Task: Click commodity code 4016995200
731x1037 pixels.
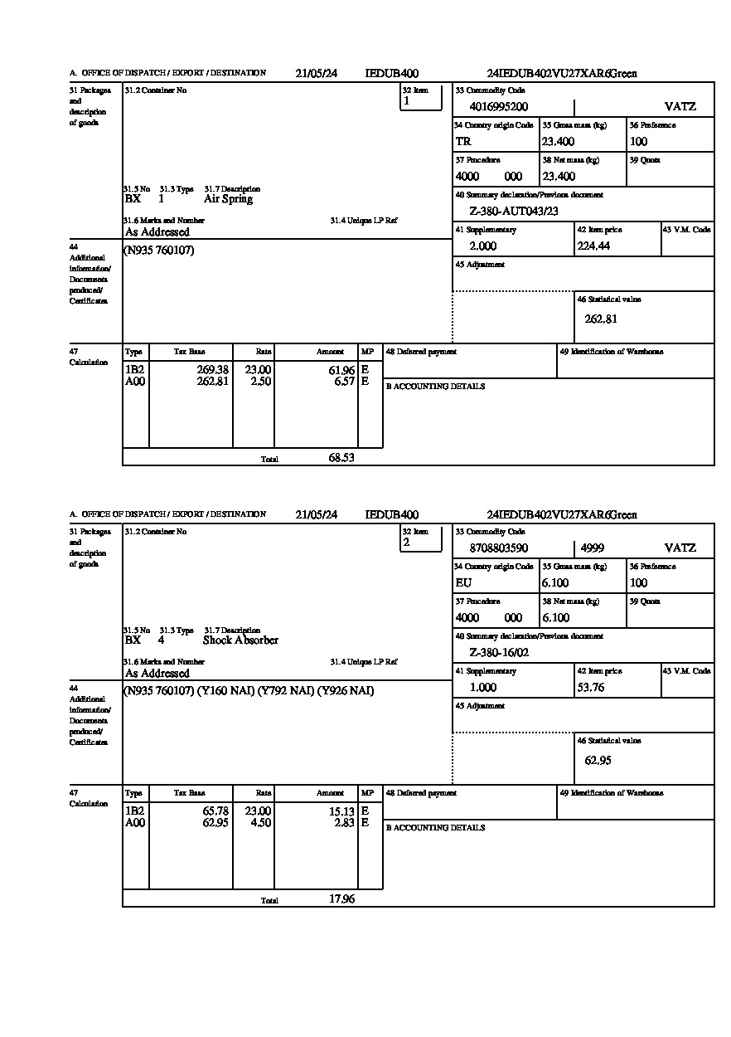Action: (498, 107)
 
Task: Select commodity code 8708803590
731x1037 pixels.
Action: (498, 548)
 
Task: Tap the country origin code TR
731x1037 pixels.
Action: (463, 142)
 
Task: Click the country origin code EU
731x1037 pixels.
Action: (463, 583)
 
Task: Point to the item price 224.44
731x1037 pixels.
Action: (593, 246)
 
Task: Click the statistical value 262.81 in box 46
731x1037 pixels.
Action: (601, 319)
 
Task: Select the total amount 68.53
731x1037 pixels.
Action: (341, 457)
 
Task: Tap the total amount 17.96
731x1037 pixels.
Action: (341, 898)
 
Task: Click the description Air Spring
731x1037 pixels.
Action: (228, 199)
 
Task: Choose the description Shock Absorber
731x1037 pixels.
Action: (240, 640)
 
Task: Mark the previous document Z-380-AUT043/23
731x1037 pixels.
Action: (514, 212)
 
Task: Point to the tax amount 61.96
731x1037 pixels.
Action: (341, 370)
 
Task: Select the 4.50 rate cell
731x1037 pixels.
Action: (260, 823)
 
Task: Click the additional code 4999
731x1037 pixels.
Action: (592, 548)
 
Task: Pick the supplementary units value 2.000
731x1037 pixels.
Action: (482, 246)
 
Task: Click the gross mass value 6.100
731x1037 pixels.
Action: (555, 583)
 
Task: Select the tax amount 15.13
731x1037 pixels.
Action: (341, 811)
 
